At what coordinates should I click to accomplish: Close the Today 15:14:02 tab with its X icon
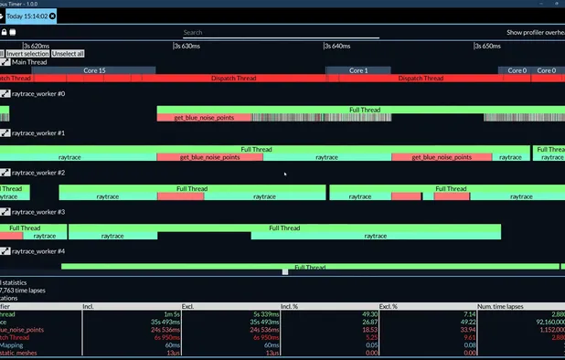pyautogui.click(x=52, y=16)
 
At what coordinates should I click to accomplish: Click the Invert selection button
pyautogui.click(x=27, y=54)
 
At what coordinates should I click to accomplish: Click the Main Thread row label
pyautogui.click(x=29, y=62)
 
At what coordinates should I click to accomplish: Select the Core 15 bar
pyautogui.click(x=94, y=70)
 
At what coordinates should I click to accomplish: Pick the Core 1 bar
pyautogui.click(x=358, y=70)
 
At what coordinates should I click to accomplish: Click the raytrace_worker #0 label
pyautogui.click(x=38, y=94)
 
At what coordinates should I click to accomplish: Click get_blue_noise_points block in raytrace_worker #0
pyautogui.click(x=205, y=118)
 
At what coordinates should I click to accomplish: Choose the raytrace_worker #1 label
pyautogui.click(x=38, y=133)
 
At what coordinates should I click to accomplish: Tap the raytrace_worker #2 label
pyautogui.click(x=38, y=173)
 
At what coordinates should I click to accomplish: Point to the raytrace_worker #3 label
pyautogui.click(x=38, y=212)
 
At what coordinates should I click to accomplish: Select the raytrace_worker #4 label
pyautogui.click(x=38, y=251)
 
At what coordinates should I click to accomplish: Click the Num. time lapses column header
pyautogui.click(x=501, y=306)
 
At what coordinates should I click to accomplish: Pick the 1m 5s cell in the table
pyautogui.click(x=169, y=314)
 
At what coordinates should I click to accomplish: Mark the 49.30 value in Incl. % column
pyautogui.click(x=366, y=314)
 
